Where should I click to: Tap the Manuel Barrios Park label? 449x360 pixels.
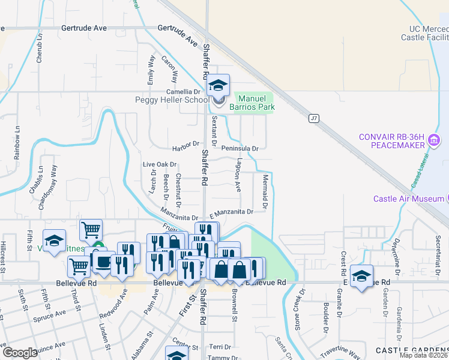click(256, 103)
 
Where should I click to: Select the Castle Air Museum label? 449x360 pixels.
click(409, 199)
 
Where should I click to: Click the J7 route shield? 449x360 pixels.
click(313, 118)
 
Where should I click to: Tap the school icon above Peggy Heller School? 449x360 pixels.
click(218, 85)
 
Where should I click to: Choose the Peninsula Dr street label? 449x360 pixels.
click(240, 148)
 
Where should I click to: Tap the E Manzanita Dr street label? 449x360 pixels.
click(231, 212)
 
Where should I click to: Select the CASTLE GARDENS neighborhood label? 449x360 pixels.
click(412, 350)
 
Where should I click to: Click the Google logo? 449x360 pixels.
click(20, 353)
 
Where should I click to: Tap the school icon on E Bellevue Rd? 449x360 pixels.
click(361, 277)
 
